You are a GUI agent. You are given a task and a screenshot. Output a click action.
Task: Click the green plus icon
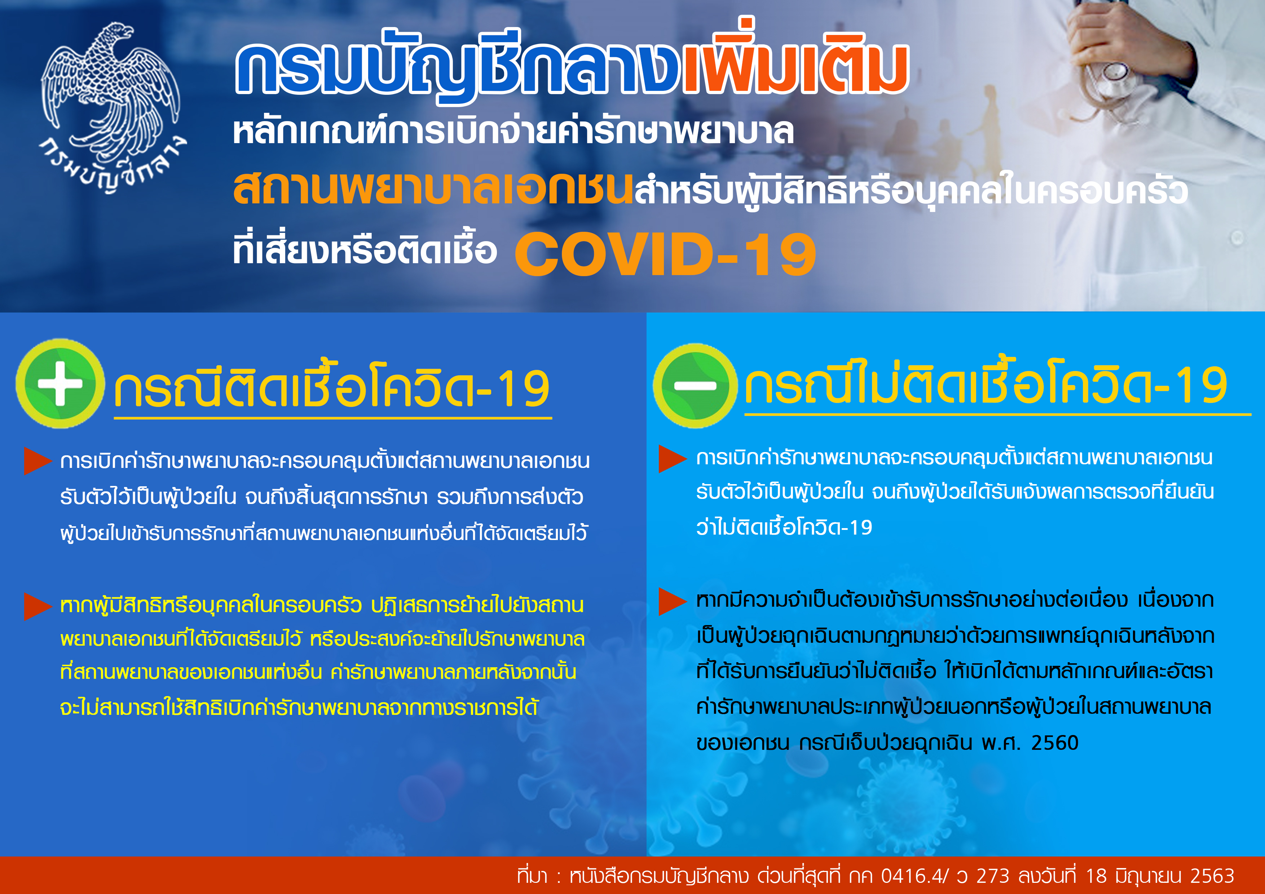pyautogui.click(x=60, y=384)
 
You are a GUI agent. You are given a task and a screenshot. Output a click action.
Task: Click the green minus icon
pyautogui.click(x=695, y=386)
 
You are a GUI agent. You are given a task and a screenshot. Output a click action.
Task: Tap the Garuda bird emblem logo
pyautogui.click(x=112, y=91)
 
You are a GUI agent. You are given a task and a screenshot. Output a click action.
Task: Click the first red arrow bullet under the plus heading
pyautogui.click(x=38, y=461)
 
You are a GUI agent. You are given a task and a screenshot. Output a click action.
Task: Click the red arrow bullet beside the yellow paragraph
pyautogui.click(x=38, y=606)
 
